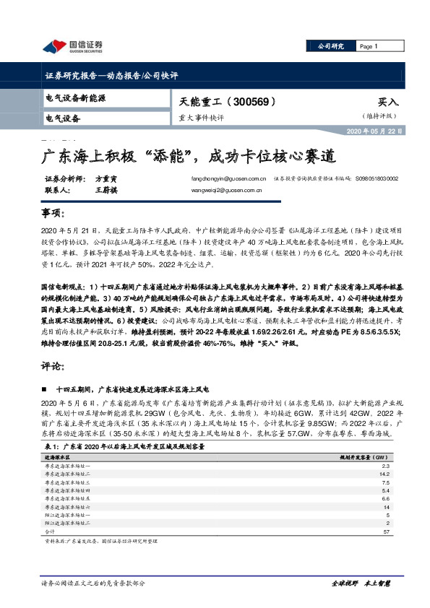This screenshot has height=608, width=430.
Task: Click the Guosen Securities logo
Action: tap(73, 47)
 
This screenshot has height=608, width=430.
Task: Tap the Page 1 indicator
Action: tap(369, 47)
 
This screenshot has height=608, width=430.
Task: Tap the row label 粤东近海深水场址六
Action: tap(69, 507)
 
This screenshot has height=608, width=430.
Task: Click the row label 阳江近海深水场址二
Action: tap(69, 523)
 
